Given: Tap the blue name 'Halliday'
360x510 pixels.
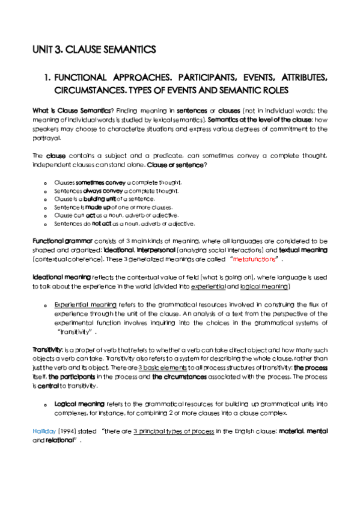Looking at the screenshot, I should [x=44, y=431].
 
